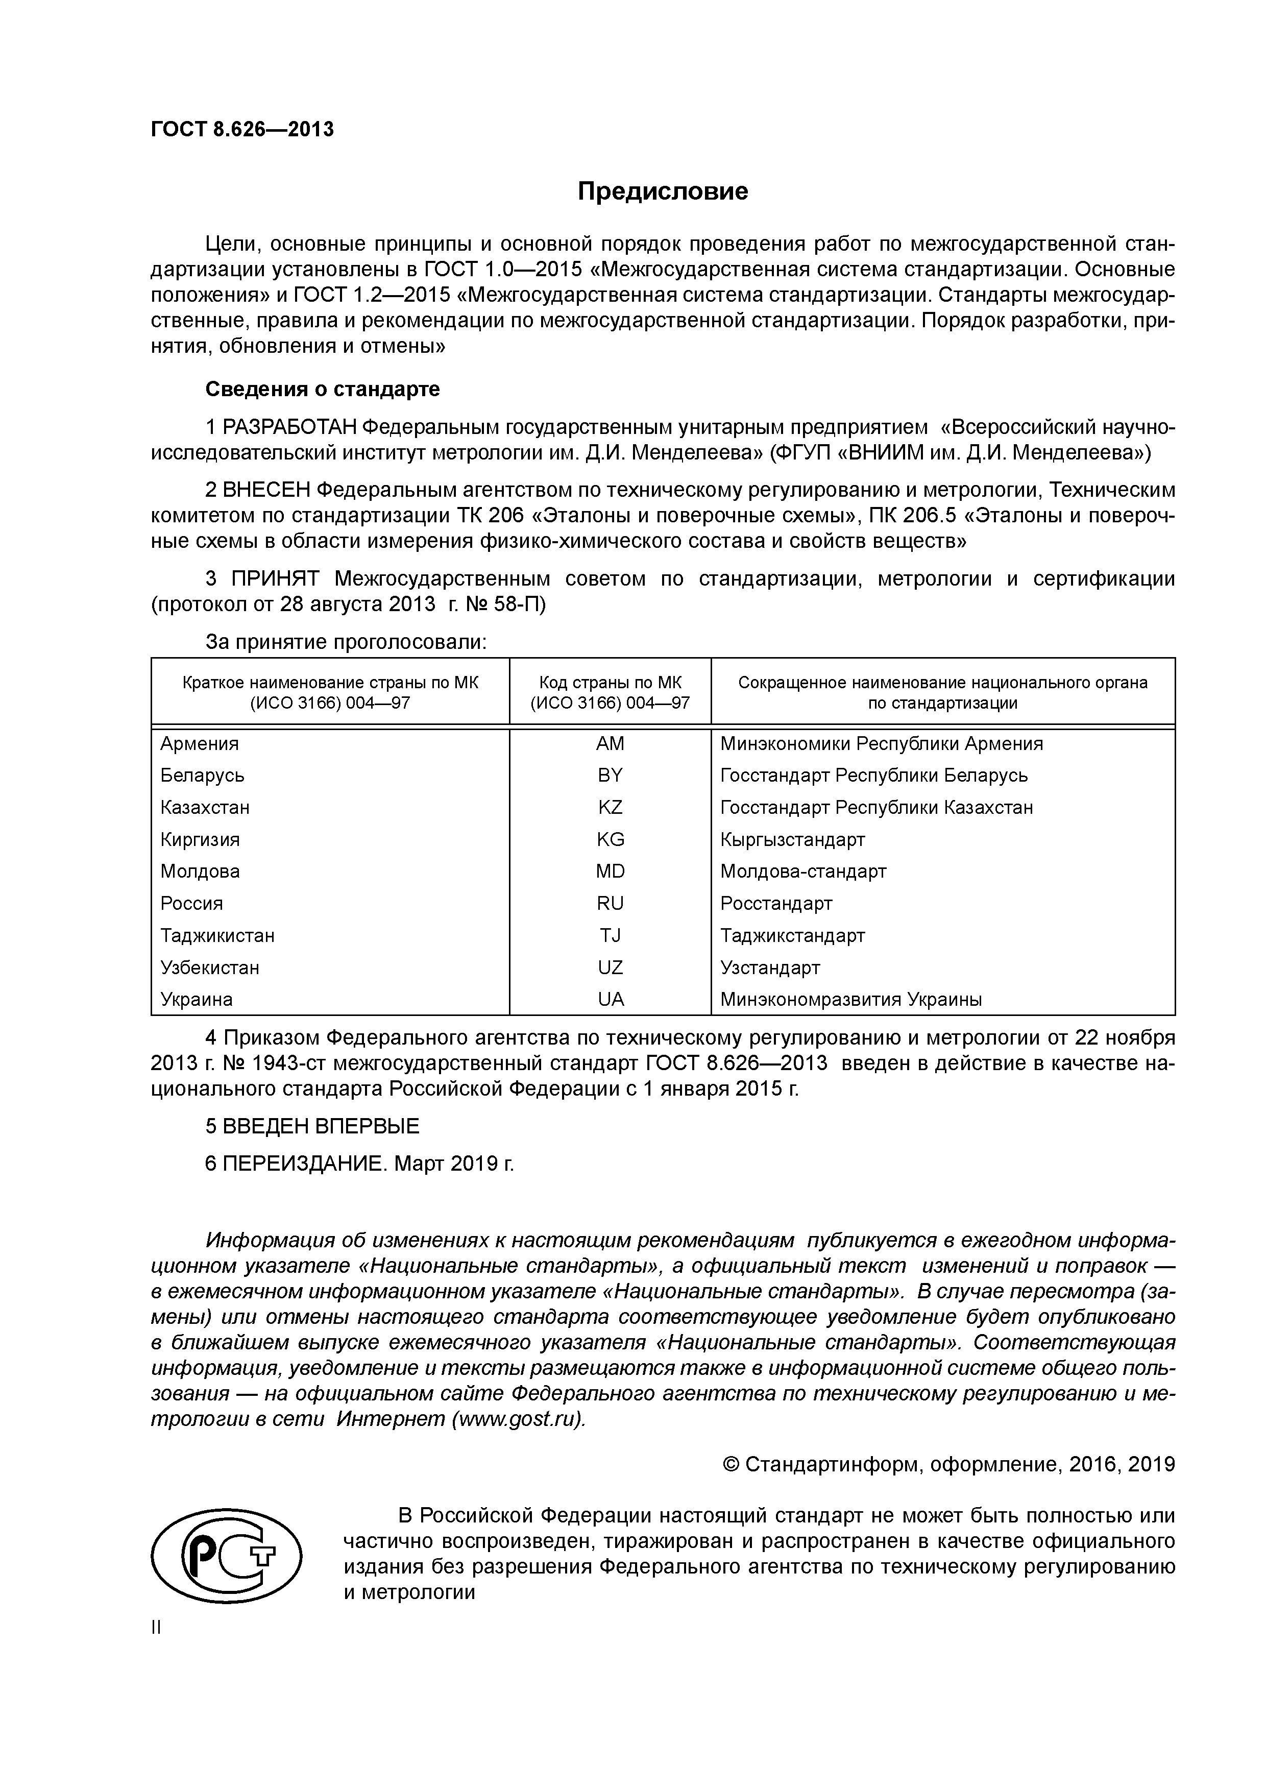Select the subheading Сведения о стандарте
coord(322,389)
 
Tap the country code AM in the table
coord(610,743)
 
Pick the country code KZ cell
coord(610,807)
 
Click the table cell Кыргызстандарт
coord(792,839)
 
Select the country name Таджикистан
coord(217,935)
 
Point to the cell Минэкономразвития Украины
coord(850,999)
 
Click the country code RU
coord(610,903)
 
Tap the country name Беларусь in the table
coord(202,776)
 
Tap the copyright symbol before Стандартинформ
coord(731,1465)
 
